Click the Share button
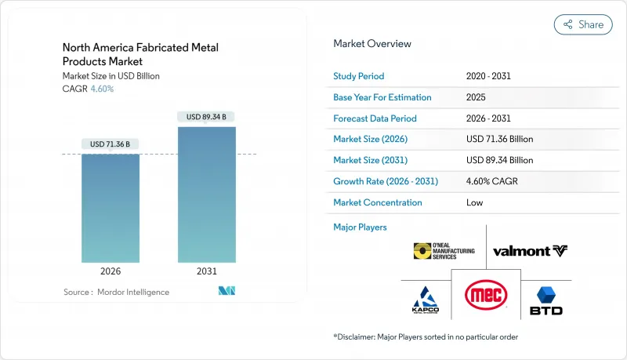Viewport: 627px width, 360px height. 583,24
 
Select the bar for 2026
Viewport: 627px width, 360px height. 111,208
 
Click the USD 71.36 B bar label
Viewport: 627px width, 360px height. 111,144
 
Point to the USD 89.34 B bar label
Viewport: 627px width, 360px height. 207,117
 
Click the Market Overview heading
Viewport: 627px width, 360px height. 372,43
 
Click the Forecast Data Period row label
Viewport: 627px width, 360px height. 375,118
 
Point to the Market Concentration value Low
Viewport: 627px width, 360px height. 474,202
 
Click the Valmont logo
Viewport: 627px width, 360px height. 530,251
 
